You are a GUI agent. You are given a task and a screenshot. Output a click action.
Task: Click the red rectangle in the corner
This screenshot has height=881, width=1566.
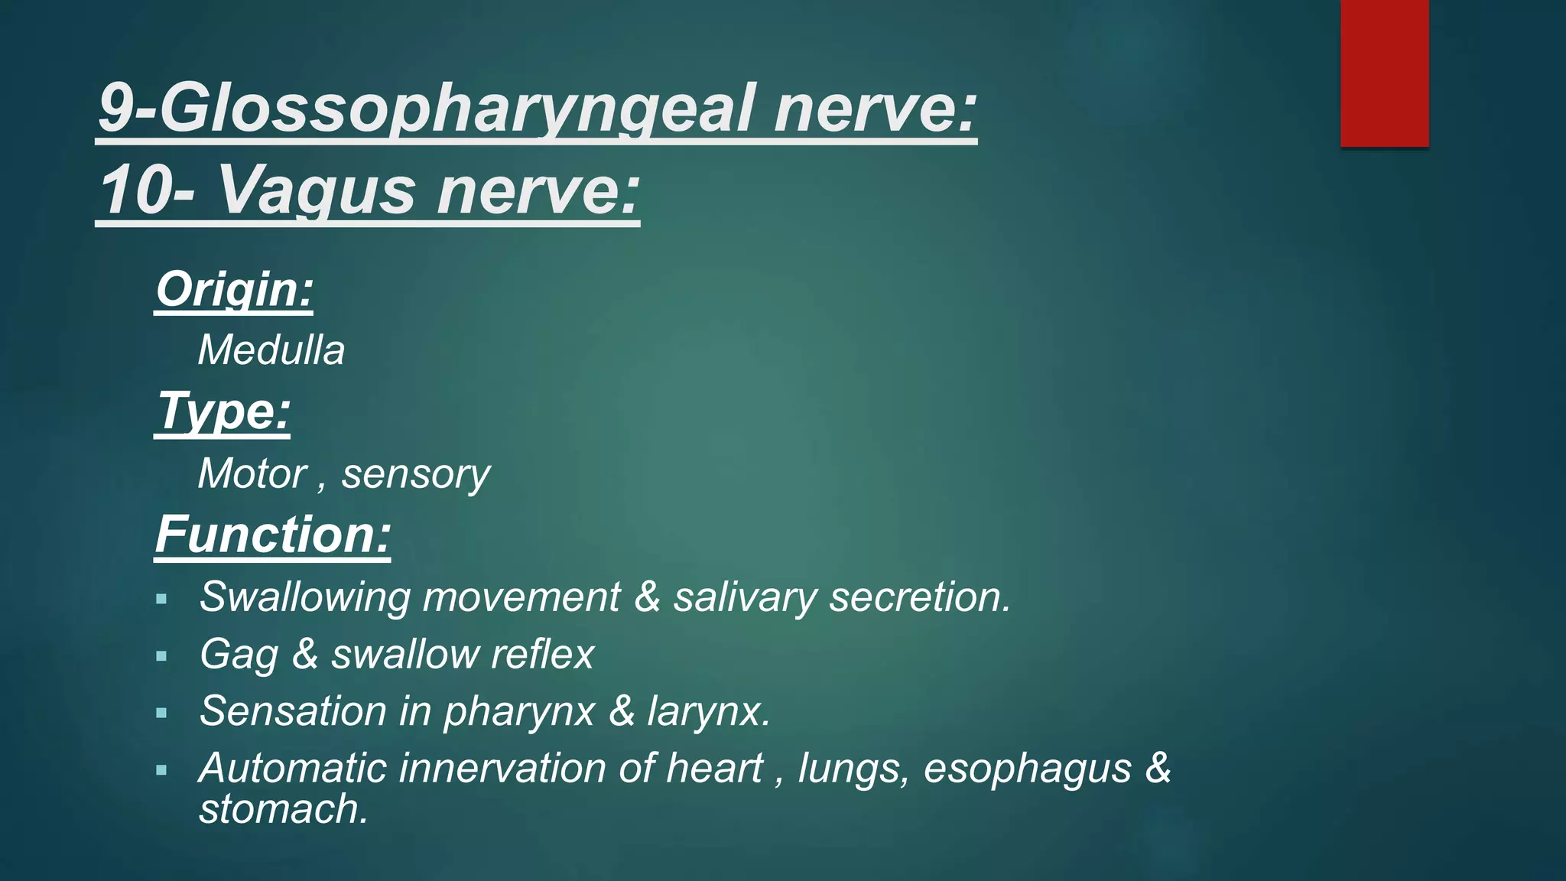(x=1384, y=73)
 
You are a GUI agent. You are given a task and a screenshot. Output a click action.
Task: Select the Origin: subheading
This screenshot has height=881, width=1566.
(x=235, y=290)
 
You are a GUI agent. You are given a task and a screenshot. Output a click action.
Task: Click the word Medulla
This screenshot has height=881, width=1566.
(x=271, y=351)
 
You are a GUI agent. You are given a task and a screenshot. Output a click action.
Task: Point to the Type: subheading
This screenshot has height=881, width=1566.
(x=223, y=412)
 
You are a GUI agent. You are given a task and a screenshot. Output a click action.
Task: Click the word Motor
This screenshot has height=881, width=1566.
(x=252, y=474)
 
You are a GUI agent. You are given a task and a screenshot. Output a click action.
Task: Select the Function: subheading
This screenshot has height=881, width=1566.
(x=273, y=535)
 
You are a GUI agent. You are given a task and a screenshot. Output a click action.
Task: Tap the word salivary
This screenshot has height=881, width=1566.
(x=745, y=598)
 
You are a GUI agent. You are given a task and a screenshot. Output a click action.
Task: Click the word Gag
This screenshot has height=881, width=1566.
(x=239, y=655)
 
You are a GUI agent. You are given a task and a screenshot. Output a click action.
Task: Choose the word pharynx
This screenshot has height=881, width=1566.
(x=519, y=713)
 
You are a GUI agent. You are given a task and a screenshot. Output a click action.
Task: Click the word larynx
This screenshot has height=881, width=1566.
(x=708, y=713)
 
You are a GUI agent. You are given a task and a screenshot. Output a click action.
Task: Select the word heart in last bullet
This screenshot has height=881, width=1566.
(x=714, y=769)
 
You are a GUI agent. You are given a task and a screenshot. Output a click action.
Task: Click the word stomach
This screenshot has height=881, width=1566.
(x=283, y=810)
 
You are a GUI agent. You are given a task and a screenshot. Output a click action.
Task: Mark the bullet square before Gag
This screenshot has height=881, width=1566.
(x=161, y=656)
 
